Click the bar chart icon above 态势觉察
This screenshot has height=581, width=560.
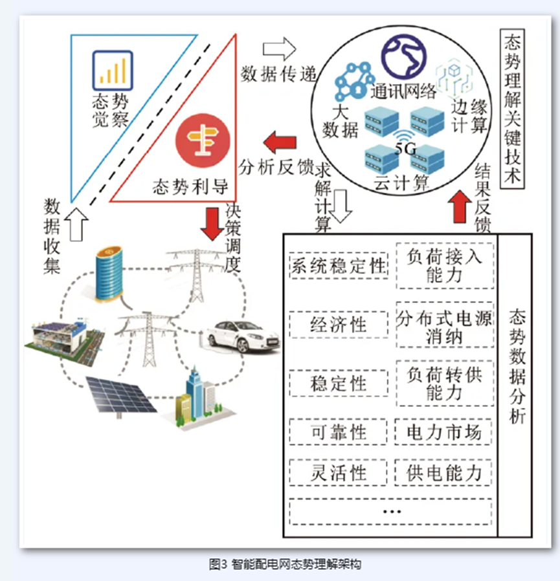point(113,71)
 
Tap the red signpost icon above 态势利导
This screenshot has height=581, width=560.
point(203,140)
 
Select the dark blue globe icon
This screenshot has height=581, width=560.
point(404,57)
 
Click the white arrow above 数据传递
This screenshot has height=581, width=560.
point(280,49)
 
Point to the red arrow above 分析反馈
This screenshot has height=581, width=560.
point(280,142)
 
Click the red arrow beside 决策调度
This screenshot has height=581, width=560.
point(212,223)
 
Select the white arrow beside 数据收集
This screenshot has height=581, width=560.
point(76,224)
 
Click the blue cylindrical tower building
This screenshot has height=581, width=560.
point(109,274)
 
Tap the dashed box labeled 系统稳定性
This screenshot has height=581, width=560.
point(339,266)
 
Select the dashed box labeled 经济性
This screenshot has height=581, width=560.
point(339,325)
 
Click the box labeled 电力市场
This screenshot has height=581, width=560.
point(443,432)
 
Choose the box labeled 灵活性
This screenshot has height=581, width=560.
point(338,473)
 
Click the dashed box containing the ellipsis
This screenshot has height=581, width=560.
point(391,512)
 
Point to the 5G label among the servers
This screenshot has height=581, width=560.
point(405,149)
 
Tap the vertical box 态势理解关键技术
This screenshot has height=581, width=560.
point(512,109)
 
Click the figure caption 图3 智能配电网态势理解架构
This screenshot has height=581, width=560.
point(284,564)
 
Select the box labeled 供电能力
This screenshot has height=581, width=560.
point(443,473)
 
